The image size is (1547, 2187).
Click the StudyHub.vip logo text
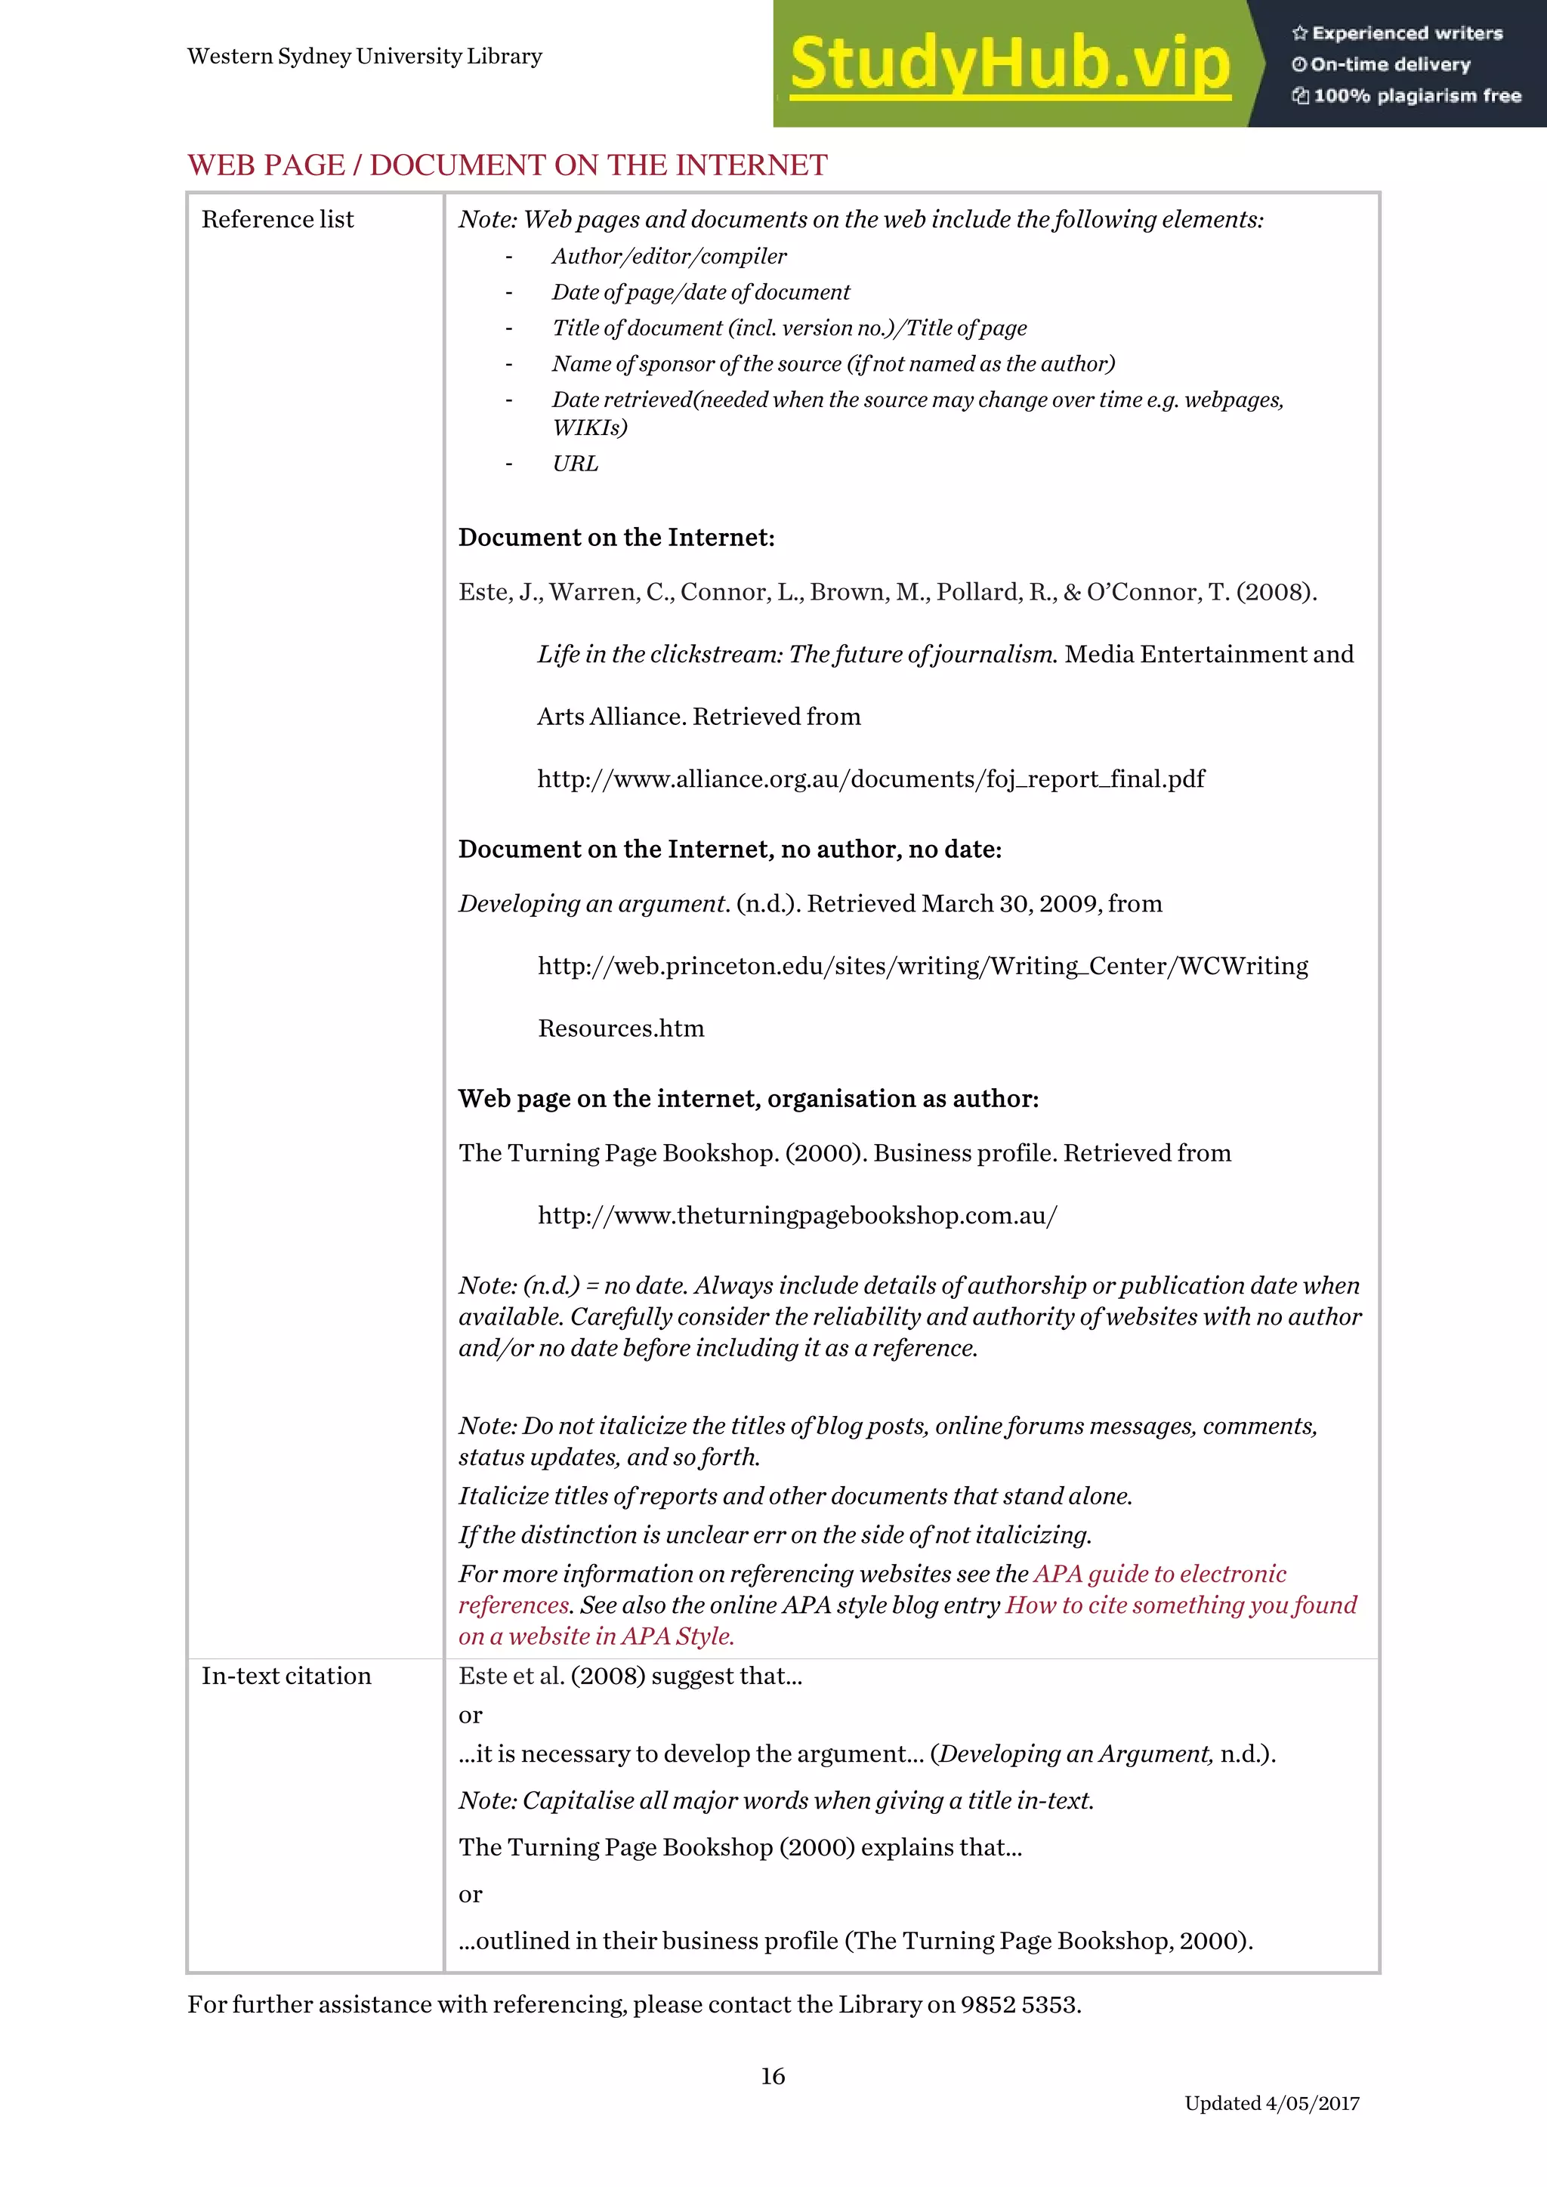1010,65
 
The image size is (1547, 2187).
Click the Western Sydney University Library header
365,56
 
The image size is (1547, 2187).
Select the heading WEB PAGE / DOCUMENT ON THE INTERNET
507,165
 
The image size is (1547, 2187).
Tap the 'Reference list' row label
277,220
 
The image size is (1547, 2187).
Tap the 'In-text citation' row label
286,1676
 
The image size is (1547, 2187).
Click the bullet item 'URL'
576,464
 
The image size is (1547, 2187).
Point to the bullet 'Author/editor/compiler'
669,256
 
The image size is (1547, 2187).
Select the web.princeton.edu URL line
922,966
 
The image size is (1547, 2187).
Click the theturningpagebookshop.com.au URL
798,1215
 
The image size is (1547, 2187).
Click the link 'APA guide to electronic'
1159,1574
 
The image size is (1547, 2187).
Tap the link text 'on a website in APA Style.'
596,1636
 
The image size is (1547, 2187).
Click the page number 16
773,2075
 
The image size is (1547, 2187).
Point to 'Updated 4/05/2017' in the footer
1272,2103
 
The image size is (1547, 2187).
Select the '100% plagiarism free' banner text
1416,95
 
